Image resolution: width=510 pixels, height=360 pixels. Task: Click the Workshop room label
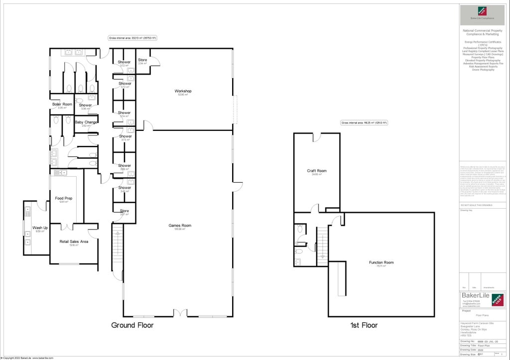(183, 91)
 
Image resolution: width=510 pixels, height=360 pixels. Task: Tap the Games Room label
(180, 226)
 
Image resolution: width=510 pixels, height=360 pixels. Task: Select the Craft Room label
(317, 171)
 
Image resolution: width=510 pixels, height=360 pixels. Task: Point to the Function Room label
(381, 262)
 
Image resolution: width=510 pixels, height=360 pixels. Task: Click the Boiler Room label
(62, 104)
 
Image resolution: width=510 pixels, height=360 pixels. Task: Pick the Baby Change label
(86, 122)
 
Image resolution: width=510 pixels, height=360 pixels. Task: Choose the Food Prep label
(63, 198)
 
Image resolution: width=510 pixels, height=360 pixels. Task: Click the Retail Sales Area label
(74, 241)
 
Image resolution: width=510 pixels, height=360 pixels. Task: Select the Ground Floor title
(132, 325)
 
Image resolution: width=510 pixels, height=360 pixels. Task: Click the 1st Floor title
(363, 325)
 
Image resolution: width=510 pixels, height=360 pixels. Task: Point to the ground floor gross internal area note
(133, 38)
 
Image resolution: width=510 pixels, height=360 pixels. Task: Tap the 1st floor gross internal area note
(364, 122)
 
